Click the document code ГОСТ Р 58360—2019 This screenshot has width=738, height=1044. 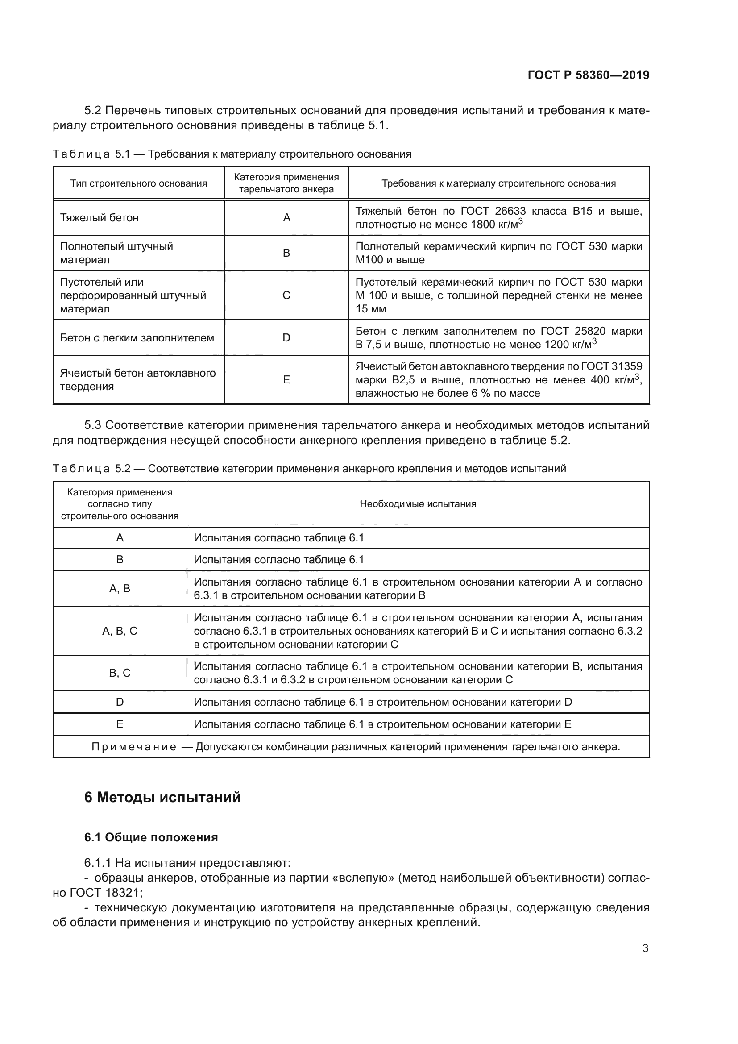click(x=589, y=75)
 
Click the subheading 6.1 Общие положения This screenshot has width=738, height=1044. click(x=151, y=837)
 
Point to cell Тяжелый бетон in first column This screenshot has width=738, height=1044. click(x=99, y=218)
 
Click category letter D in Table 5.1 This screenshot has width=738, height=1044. click(x=286, y=338)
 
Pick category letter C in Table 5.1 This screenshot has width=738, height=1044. click(x=286, y=295)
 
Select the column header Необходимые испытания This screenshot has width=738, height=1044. click(x=418, y=504)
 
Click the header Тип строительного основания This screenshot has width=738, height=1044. click(x=139, y=184)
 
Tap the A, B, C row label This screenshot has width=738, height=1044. click(x=120, y=631)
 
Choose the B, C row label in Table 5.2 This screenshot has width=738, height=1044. click(x=120, y=673)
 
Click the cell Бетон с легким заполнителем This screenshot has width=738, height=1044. click(x=137, y=338)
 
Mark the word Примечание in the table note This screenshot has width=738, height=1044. click(x=134, y=747)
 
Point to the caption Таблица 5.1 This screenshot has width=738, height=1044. click(x=91, y=154)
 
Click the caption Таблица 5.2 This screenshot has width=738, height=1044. click(x=91, y=469)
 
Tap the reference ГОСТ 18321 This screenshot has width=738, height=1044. click(x=104, y=893)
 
